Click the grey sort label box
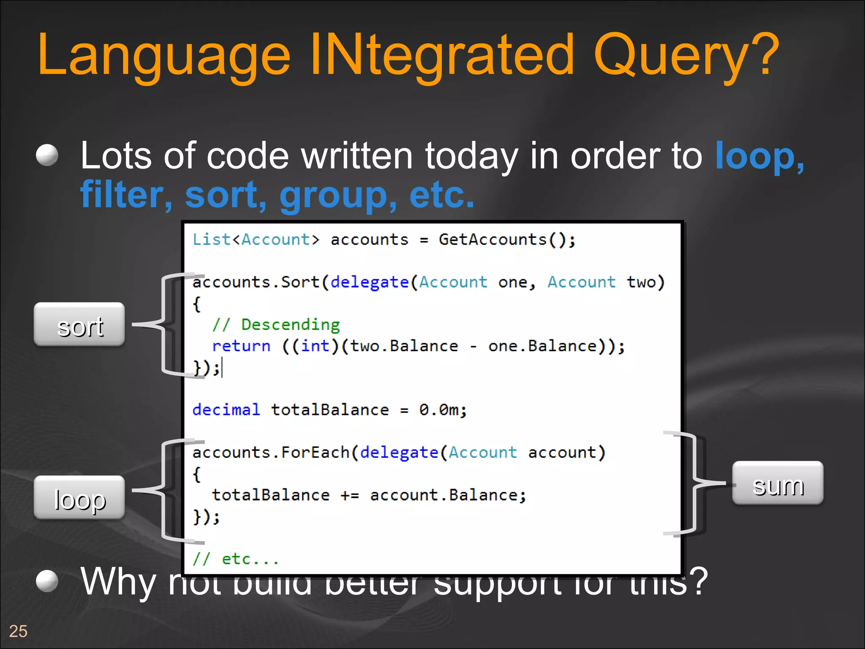click(79, 324)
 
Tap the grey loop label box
click(79, 498)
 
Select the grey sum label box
click(778, 483)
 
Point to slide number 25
click(18, 631)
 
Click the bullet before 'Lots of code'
click(47, 155)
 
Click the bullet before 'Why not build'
click(47, 581)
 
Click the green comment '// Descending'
click(276, 324)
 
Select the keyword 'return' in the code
click(241, 346)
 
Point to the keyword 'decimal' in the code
click(226, 410)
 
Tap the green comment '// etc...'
click(236, 559)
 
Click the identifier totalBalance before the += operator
click(271, 495)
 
